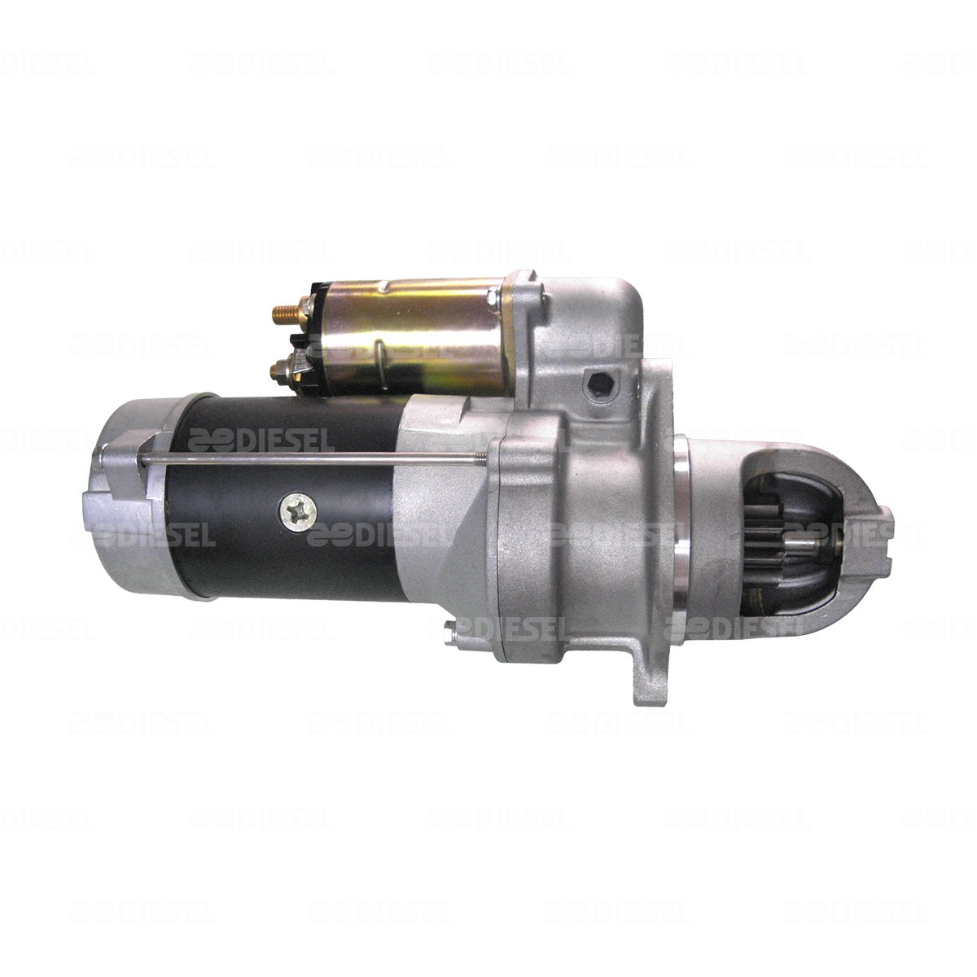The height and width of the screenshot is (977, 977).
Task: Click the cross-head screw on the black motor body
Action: pos(298,513)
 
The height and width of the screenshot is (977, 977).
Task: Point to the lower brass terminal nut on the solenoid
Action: pos(280,366)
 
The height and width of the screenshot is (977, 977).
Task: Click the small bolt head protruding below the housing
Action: pos(450,635)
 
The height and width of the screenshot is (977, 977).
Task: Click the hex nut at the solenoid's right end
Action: pos(493,297)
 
